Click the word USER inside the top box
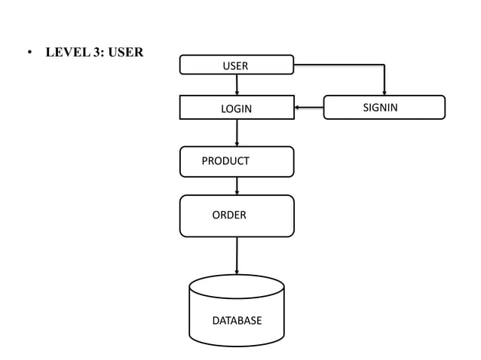tap(235, 66)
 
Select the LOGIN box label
tap(236, 109)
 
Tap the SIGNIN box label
tap(380, 108)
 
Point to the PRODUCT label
tap(225, 161)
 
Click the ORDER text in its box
tap(228, 215)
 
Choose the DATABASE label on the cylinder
tap(237, 321)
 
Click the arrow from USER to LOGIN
tap(237, 84)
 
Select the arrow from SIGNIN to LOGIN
tap(309, 108)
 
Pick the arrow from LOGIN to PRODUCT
tap(237, 133)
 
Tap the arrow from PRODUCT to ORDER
tap(237, 185)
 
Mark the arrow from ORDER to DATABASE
tap(237, 255)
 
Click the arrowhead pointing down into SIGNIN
tap(384, 93)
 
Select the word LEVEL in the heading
tap(66, 53)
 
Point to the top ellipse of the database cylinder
tap(237, 287)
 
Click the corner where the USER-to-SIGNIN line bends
tap(384, 65)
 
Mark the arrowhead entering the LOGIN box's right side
tap(297, 108)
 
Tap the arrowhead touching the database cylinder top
tap(237, 272)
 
